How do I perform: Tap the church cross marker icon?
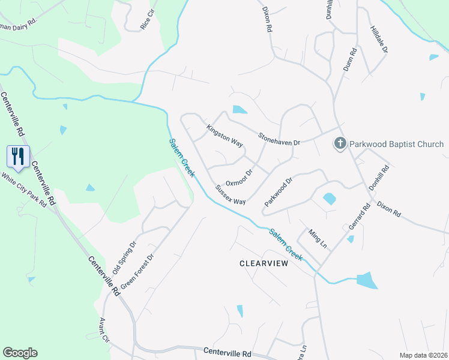tap(340, 144)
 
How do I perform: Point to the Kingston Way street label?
tap(224, 136)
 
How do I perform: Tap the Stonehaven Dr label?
tap(279, 139)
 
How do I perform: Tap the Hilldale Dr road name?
tap(379, 39)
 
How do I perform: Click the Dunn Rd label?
tap(350, 61)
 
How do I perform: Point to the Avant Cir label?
tap(105, 330)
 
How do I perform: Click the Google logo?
tap(20, 353)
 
